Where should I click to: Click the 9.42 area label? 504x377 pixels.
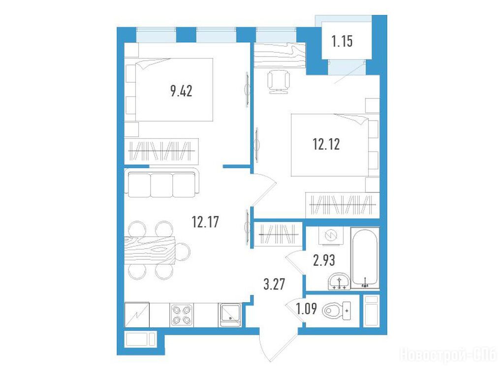(x=181, y=91)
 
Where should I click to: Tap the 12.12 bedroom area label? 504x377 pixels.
(x=326, y=144)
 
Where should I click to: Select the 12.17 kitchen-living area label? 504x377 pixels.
(x=205, y=222)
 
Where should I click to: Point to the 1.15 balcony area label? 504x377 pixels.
(x=342, y=41)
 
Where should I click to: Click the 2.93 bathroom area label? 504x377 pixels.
(x=324, y=260)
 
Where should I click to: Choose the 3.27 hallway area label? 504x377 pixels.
(x=274, y=284)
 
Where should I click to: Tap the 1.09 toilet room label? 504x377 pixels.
(x=307, y=309)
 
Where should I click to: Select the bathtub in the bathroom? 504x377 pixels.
(x=365, y=258)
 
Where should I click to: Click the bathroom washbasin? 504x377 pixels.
(x=340, y=281)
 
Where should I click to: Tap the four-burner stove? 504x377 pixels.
(x=182, y=314)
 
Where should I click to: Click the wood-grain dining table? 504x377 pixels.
(x=150, y=251)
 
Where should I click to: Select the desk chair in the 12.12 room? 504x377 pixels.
(x=279, y=82)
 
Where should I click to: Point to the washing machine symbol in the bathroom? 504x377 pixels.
(x=331, y=236)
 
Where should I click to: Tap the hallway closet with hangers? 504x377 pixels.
(x=279, y=234)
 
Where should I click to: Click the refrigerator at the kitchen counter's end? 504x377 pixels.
(x=137, y=314)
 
